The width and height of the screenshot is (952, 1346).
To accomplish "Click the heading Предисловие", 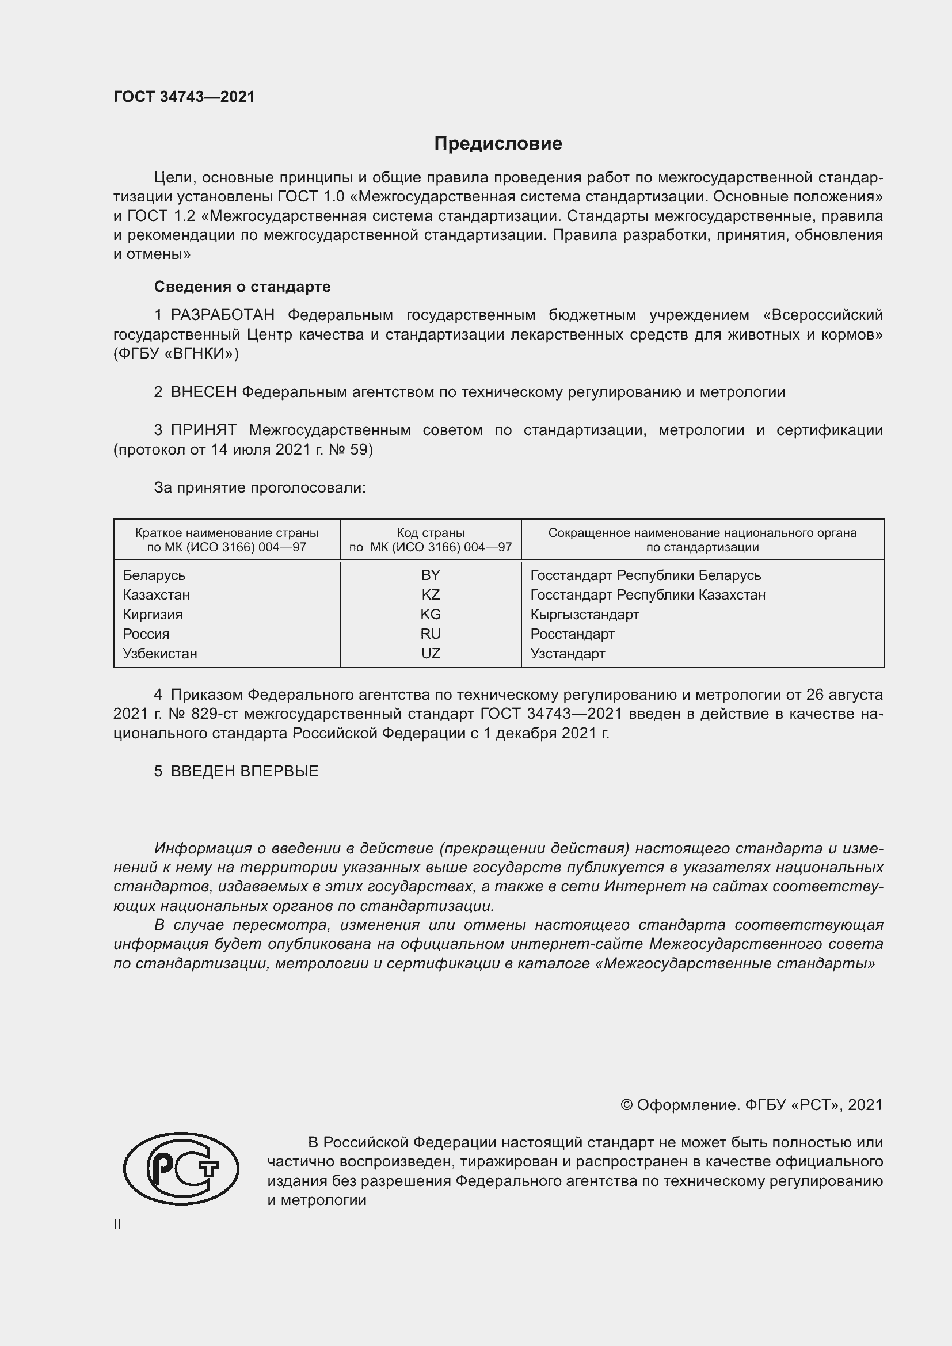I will click(498, 144).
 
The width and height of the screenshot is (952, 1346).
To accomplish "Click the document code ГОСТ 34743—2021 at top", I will click(184, 97).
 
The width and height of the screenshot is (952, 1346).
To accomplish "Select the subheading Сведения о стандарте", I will click(242, 287).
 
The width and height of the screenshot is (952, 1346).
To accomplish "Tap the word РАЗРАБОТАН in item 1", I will click(222, 315).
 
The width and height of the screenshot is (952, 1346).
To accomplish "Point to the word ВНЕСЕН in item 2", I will click(203, 392).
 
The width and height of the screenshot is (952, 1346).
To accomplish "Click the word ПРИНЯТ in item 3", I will click(203, 430).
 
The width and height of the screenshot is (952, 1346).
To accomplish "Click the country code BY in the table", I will click(431, 575).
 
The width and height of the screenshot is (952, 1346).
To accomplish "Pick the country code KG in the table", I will click(431, 615).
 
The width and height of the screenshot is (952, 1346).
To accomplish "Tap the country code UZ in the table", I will click(431, 653).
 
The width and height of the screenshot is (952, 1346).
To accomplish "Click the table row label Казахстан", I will click(156, 595).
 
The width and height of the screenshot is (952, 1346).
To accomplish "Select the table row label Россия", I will click(146, 634).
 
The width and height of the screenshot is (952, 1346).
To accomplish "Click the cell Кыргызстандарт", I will click(584, 615).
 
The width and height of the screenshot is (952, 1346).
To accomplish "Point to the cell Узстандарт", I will click(568, 653).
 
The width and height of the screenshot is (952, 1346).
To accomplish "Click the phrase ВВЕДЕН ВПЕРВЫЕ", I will click(245, 772).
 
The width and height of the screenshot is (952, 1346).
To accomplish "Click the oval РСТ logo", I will click(181, 1168).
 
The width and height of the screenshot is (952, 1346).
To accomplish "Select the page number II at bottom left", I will click(117, 1224).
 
